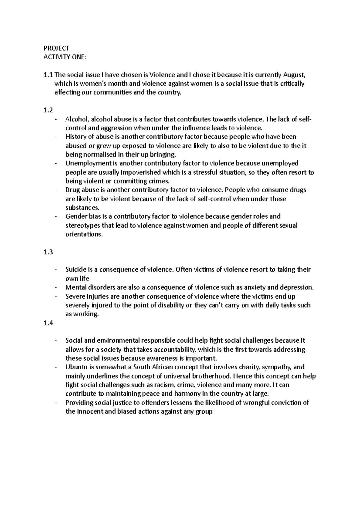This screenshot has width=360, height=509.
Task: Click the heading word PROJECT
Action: (x=56, y=48)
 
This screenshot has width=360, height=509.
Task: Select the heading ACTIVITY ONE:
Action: (x=65, y=57)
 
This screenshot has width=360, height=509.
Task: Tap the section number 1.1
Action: (x=48, y=75)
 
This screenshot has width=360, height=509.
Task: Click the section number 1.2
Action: (x=48, y=110)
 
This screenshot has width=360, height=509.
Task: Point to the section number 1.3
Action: (x=48, y=252)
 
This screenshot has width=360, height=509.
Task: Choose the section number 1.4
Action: (x=48, y=323)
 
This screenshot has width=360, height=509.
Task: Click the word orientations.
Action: (x=84, y=234)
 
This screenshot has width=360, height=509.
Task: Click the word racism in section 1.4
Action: (x=164, y=385)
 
